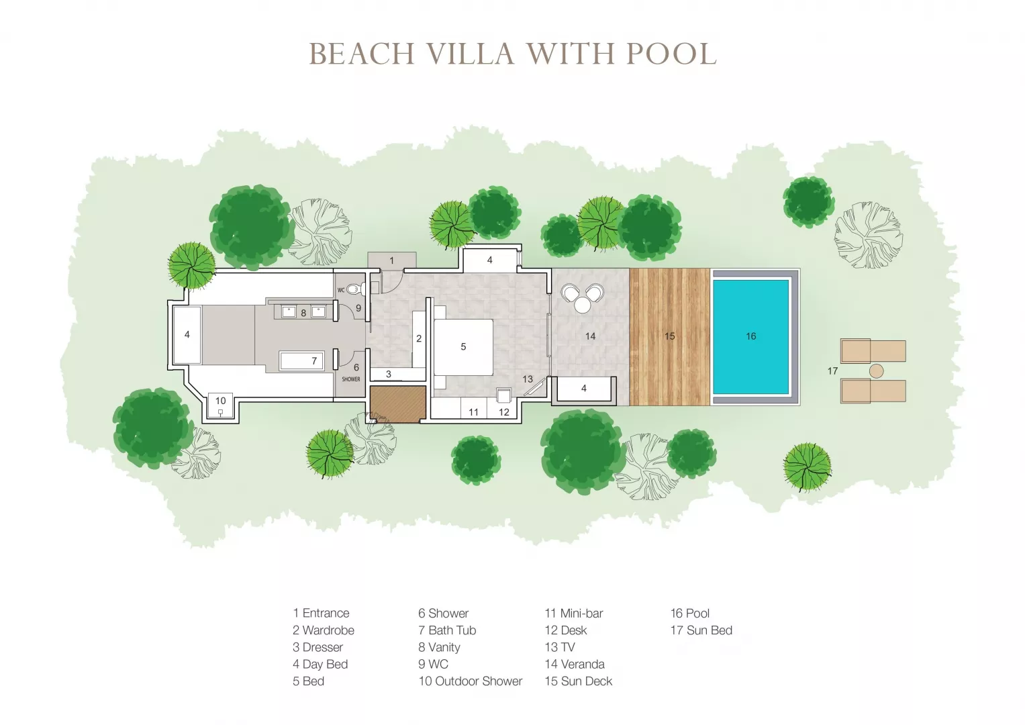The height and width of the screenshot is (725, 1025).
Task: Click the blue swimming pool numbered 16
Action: [x=750, y=336]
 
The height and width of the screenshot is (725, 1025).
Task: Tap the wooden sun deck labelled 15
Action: [x=669, y=336]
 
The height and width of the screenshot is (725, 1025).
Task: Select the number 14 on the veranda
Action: [x=590, y=336]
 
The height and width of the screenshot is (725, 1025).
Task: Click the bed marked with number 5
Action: [x=463, y=347]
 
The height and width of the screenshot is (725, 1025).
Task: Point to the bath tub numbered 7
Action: [x=301, y=360]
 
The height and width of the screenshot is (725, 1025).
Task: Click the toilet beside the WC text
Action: [x=356, y=289]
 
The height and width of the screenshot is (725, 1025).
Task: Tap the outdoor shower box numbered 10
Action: [x=221, y=405]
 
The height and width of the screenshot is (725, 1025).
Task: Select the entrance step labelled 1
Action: [x=392, y=260]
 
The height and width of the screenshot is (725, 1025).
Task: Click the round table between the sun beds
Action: [x=876, y=371]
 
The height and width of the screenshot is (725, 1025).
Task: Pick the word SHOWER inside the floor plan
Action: [x=351, y=379]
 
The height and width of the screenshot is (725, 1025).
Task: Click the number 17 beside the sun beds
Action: [x=832, y=371]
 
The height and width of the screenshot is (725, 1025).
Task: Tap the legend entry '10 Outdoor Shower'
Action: [x=471, y=681]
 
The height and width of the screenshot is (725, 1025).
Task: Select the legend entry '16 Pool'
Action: [x=690, y=614]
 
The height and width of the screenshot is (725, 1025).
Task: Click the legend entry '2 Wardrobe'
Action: [x=324, y=630]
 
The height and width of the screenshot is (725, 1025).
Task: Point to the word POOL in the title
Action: [x=671, y=54]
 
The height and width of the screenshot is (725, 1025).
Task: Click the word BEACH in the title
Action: [x=362, y=54]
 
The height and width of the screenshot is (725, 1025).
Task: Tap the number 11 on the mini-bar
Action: [x=473, y=412]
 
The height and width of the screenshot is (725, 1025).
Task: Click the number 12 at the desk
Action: [x=504, y=412]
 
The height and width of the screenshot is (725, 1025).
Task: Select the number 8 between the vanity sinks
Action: [x=303, y=313]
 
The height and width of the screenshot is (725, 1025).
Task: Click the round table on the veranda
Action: [x=583, y=305]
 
